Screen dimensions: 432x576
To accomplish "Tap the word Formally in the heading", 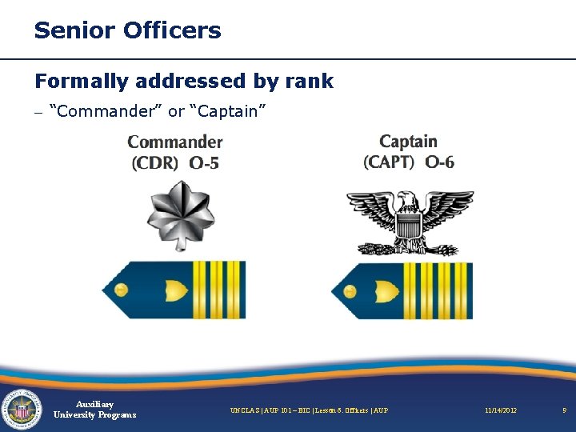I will pyautogui.click(x=83, y=81).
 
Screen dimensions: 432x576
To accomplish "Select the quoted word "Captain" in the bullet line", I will pyautogui.click(x=227, y=111).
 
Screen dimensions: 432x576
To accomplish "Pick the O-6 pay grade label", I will pyautogui.click(x=439, y=162).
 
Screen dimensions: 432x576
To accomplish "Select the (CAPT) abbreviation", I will pyautogui.click(x=389, y=162).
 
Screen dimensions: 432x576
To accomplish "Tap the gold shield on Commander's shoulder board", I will pyautogui.click(x=174, y=288).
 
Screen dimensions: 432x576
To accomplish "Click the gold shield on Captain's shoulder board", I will pyautogui.click(x=405, y=288).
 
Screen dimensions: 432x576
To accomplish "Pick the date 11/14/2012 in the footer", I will pyautogui.click(x=500, y=410).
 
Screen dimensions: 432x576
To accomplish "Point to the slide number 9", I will pyautogui.click(x=564, y=410).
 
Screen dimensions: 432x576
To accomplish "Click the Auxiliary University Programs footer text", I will pyautogui.click(x=94, y=410).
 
